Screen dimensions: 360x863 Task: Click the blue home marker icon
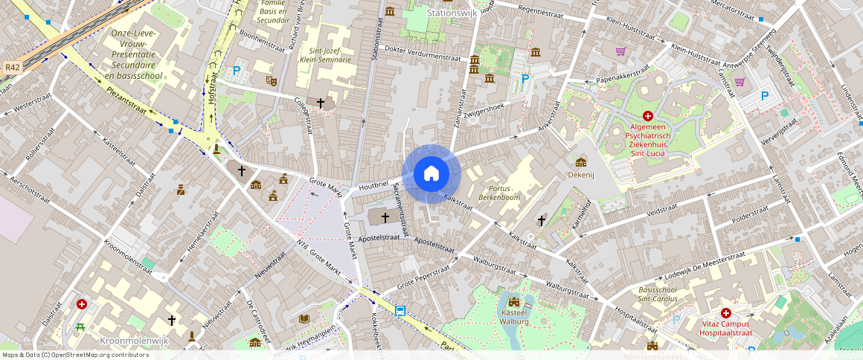pyautogui.click(x=431, y=174)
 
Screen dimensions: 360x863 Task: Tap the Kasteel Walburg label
pyautogui.click(x=513, y=317)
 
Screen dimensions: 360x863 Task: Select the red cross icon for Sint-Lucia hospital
pyautogui.click(x=647, y=116)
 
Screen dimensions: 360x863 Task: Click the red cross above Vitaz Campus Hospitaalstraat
pyautogui.click(x=725, y=313)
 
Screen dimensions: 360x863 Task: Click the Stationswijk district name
pyautogui.click(x=452, y=13)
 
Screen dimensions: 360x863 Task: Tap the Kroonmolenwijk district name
pyautogui.click(x=134, y=340)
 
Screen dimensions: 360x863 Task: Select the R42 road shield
pyautogui.click(x=11, y=67)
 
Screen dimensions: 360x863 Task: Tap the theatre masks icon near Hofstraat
pyautogui.click(x=271, y=78)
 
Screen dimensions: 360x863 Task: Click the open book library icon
pyautogui.click(x=304, y=319)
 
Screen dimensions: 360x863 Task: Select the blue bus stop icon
pyautogui.click(x=400, y=311)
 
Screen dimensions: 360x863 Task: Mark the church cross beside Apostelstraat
pyautogui.click(x=385, y=217)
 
